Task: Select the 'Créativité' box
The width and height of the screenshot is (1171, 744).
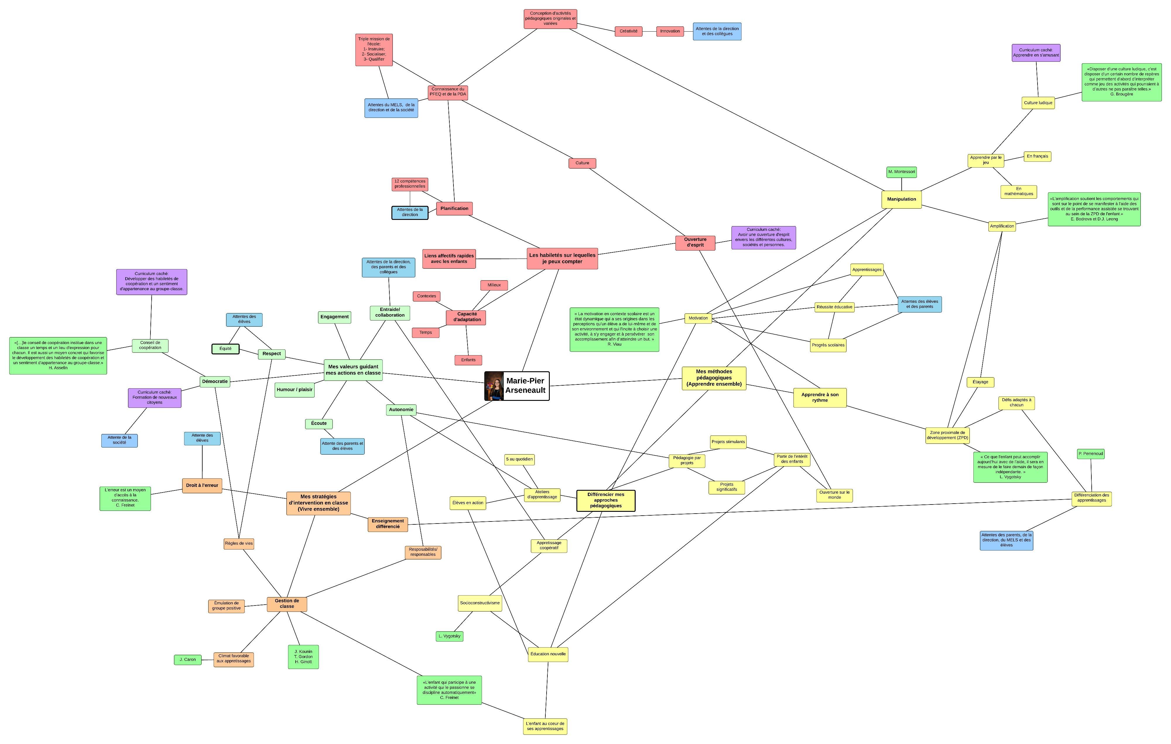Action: tap(628, 31)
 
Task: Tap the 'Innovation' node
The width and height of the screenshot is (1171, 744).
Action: tap(670, 31)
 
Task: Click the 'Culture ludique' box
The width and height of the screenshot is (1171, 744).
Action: tap(1038, 102)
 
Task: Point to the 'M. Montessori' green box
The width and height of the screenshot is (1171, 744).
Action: tap(901, 172)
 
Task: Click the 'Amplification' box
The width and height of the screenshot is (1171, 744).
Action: tap(1002, 226)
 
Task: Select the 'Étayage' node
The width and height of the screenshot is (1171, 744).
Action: tap(980, 382)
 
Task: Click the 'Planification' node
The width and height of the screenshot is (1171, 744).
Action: tap(454, 208)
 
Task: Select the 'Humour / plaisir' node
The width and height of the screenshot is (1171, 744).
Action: tap(294, 389)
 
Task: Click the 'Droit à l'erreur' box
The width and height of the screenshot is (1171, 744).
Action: tap(202, 485)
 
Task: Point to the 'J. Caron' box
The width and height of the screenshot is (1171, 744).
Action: tap(188, 660)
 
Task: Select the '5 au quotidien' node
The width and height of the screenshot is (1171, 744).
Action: tap(519, 459)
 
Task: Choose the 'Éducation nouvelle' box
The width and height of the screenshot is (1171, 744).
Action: tap(548, 654)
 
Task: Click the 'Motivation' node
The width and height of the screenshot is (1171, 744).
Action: tap(698, 318)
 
